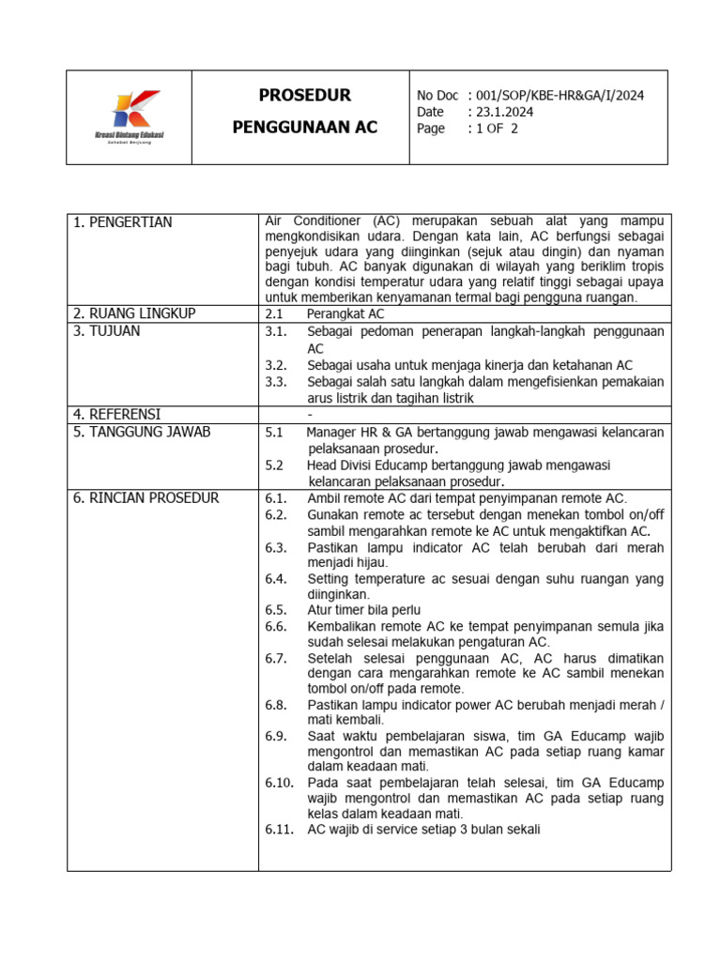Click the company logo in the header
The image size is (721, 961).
point(129,116)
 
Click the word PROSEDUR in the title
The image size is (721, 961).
point(304,96)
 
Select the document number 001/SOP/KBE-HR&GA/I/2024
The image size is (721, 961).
point(555,96)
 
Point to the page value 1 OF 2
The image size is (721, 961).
point(497,130)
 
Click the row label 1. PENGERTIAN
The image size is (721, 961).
point(122,222)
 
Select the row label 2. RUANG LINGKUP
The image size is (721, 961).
point(134,313)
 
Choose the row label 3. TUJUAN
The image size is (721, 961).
point(107,331)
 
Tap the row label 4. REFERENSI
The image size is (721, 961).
point(117,414)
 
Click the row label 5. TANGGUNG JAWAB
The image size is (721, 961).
point(142,432)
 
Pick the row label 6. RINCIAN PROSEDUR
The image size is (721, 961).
point(146,497)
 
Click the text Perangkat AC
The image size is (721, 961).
point(345,313)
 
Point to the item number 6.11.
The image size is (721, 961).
point(279,830)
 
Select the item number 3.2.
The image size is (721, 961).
point(275,365)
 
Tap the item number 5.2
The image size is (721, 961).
point(274,465)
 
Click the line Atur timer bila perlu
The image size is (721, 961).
point(363,610)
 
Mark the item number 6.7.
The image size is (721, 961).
point(275,659)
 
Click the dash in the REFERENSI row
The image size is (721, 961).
point(309,414)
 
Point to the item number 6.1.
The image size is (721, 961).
point(275,498)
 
